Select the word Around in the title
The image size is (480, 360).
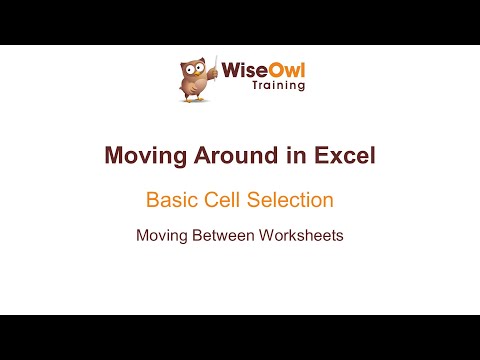[232, 156]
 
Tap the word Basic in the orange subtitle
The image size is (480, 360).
[172, 200]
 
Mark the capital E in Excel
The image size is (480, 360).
[320, 156]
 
